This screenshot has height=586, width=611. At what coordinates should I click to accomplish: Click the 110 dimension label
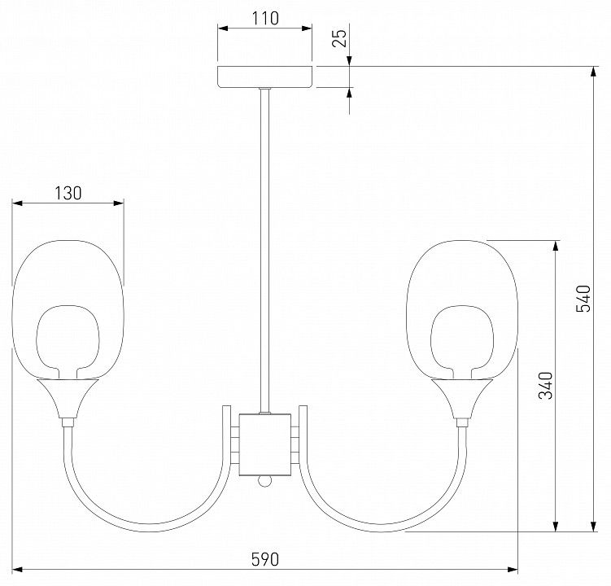click(x=265, y=18)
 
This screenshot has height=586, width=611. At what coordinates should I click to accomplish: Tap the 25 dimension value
click(x=339, y=38)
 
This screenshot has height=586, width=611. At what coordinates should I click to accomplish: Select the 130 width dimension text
click(x=68, y=193)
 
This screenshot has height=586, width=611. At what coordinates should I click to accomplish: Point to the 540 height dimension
click(x=583, y=299)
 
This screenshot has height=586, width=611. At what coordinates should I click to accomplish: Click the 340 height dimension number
click(x=546, y=386)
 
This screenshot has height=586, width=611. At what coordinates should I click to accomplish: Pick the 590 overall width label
click(x=265, y=559)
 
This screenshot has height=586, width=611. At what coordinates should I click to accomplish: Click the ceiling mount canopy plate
click(x=265, y=77)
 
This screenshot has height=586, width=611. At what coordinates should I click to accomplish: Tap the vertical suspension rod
click(x=265, y=251)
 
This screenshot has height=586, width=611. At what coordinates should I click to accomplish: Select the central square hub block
click(x=265, y=445)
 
